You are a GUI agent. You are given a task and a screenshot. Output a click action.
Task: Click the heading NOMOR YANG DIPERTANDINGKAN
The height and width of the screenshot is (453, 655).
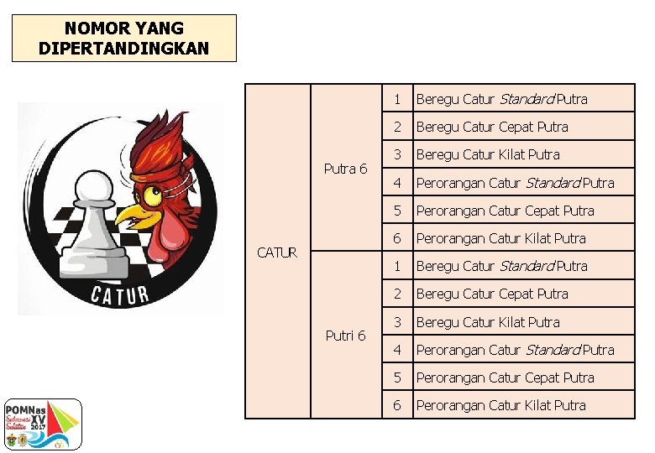tap(123, 39)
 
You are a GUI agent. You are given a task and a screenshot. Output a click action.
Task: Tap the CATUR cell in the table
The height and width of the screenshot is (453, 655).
tap(277, 252)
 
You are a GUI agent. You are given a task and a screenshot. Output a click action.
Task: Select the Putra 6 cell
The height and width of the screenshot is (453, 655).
tap(345, 169)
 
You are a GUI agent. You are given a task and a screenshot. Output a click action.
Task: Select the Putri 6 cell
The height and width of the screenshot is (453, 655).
tap(345, 336)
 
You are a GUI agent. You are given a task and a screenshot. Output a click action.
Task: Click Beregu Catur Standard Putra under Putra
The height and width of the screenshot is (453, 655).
tap(501, 99)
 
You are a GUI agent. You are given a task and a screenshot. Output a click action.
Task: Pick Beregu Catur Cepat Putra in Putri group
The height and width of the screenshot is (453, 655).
tap(492, 294)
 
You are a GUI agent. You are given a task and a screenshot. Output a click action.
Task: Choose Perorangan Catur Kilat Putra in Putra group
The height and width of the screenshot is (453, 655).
tap(500, 238)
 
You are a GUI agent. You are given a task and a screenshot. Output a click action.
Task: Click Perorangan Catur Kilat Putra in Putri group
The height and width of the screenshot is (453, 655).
tap(500, 405)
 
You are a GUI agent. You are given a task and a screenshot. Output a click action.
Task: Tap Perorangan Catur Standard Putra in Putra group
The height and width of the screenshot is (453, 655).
tap(515, 183)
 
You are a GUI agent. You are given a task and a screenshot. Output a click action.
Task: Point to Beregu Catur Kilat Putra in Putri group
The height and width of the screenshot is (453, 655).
tap(488, 322)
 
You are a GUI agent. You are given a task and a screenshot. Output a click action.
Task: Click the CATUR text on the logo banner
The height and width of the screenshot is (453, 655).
tap(120, 294)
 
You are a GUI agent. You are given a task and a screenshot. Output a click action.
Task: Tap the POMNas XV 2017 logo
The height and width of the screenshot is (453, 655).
tap(41, 424)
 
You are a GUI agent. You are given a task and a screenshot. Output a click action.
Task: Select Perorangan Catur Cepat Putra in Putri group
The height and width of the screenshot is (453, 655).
tap(505, 377)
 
